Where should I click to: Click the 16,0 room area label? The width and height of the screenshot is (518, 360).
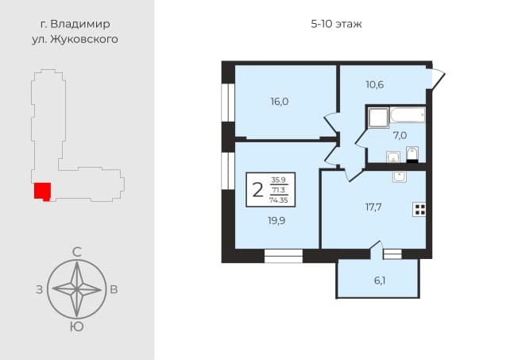(280, 102)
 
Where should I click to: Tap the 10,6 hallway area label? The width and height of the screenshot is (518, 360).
(375, 85)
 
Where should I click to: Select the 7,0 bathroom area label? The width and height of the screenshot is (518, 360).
(400, 135)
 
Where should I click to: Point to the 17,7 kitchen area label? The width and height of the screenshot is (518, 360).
(373, 207)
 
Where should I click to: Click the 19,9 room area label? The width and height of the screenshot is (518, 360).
(276, 221)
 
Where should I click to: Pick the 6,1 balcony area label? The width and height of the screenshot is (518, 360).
(380, 281)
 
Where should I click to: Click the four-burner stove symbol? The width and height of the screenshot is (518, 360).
(419, 209)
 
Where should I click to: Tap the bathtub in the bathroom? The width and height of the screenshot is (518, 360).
(408, 115)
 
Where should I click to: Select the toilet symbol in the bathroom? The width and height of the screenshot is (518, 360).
(412, 154)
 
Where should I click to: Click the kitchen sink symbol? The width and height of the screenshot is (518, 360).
(400, 176)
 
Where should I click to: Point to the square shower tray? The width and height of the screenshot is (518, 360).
(378, 118)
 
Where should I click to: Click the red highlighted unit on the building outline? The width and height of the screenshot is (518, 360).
(43, 192)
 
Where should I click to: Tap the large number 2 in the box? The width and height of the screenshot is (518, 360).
(257, 190)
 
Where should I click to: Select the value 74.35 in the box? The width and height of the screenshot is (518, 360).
(279, 200)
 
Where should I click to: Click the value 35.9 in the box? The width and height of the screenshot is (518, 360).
(279, 180)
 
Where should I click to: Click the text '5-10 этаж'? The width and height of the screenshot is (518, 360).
(336, 24)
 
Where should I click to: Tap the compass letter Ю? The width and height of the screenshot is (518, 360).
(76, 327)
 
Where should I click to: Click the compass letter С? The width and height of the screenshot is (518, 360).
(76, 252)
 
